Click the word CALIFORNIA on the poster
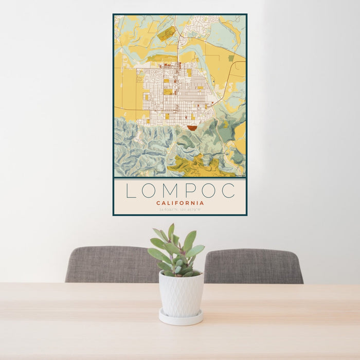(x=180, y=203)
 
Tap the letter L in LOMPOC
(x=131, y=190)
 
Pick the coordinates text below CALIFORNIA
(x=180, y=209)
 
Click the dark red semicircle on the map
(x=192, y=128)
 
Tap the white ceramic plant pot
(x=181, y=294)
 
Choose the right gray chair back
(x=253, y=266)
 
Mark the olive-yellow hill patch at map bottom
(x=198, y=166)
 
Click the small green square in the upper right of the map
(x=231, y=58)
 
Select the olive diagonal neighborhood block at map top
(x=166, y=34)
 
